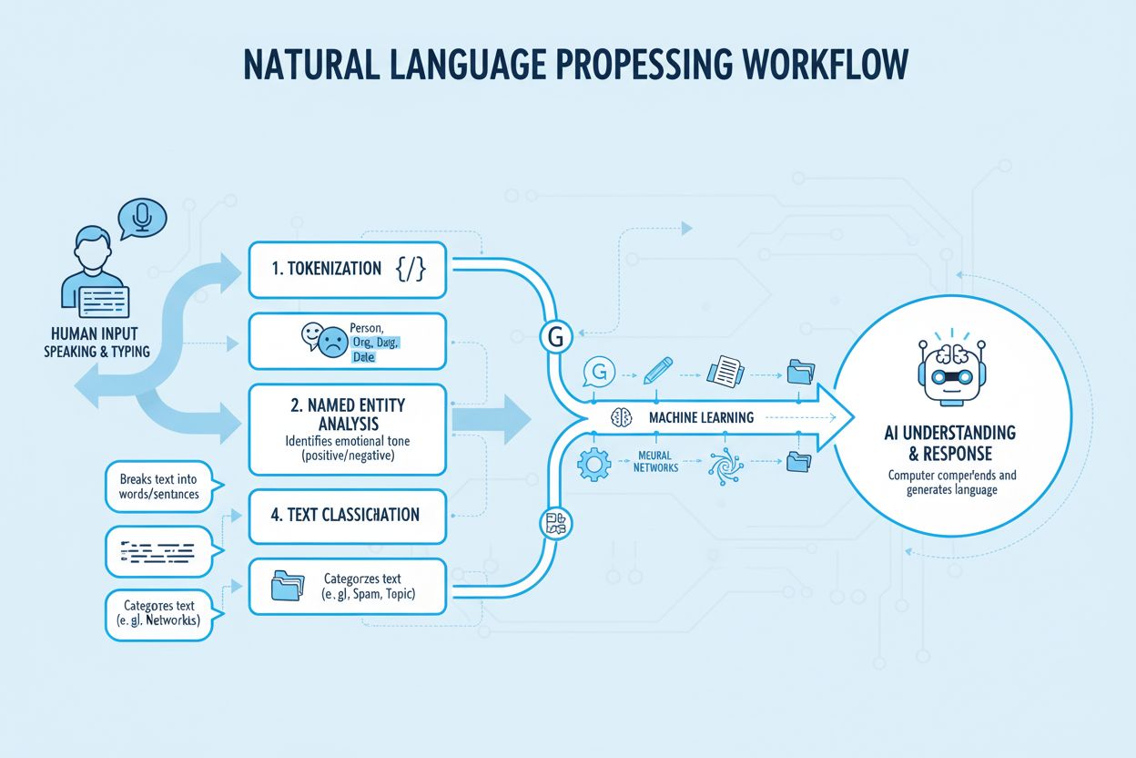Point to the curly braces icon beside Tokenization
click(x=411, y=269)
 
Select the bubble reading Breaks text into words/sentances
click(x=158, y=487)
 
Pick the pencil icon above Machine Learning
click(x=657, y=370)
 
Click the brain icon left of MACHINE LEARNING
click(x=623, y=417)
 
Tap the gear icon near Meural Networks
click(x=592, y=464)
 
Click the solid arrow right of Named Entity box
click(x=491, y=420)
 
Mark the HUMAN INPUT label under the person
click(x=96, y=335)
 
